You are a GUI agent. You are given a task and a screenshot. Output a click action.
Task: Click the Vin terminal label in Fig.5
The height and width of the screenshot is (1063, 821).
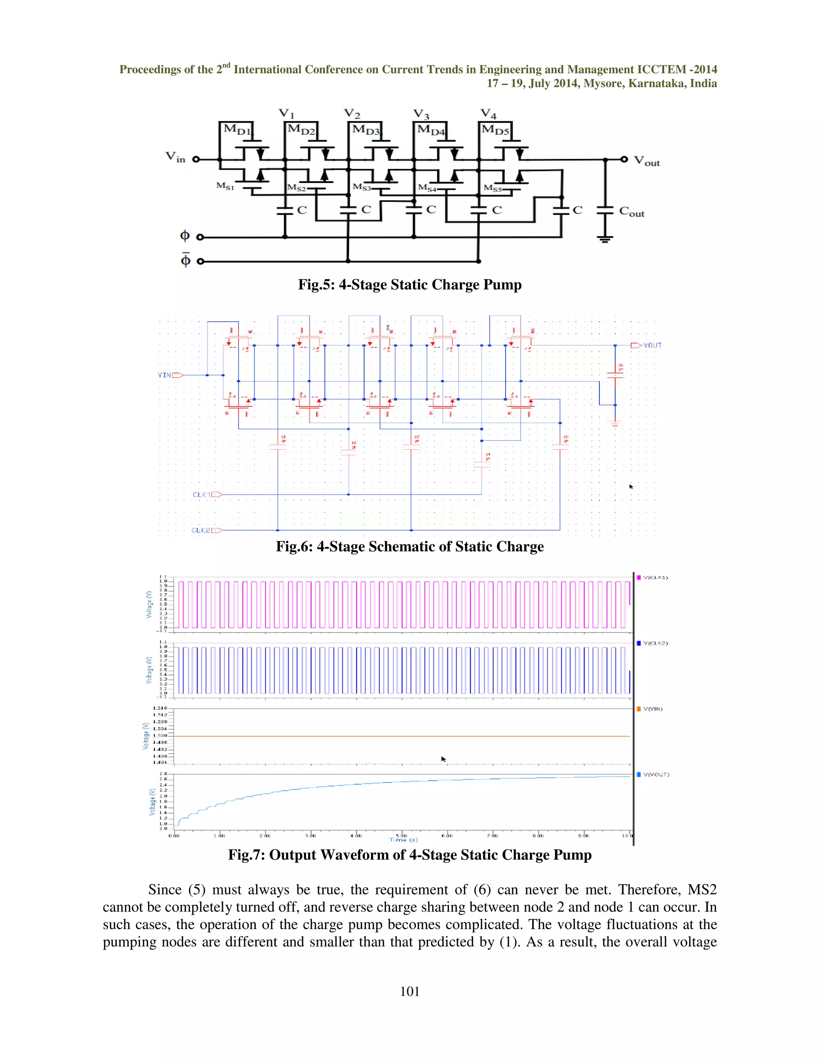click(x=176, y=157)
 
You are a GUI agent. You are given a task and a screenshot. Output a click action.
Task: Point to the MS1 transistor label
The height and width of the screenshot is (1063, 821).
click(x=225, y=186)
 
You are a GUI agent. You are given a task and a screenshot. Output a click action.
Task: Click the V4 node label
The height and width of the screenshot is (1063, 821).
click(x=488, y=114)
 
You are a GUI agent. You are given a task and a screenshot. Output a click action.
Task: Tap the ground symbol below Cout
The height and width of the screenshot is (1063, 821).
click(x=605, y=239)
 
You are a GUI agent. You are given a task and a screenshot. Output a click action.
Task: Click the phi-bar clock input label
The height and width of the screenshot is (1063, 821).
click(x=185, y=260)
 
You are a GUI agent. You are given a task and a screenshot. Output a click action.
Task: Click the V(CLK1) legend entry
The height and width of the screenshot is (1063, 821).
click(x=655, y=578)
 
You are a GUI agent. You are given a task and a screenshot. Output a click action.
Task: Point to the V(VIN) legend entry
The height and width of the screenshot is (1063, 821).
click(x=653, y=709)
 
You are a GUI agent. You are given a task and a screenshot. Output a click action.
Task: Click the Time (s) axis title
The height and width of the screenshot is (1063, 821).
click(x=403, y=840)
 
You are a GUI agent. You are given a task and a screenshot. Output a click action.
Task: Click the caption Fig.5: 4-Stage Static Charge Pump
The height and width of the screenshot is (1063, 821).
click(x=410, y=285)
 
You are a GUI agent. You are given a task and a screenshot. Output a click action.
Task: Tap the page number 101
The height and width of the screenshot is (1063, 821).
click(x=410, y=992)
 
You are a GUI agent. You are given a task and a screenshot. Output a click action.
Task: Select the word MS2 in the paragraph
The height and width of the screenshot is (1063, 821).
click(x=702, y=890)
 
